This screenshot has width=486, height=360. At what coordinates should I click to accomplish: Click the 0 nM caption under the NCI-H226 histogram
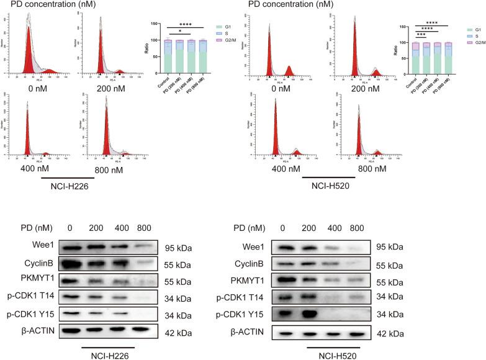[x=33, y=88]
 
